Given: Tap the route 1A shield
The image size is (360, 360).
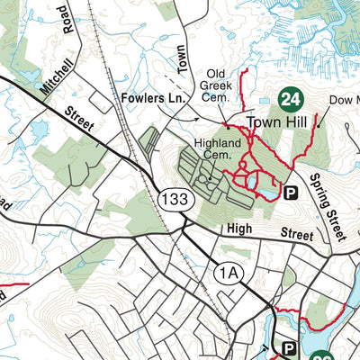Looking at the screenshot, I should pos(229,270).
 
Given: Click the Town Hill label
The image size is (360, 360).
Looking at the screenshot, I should pos(276,121).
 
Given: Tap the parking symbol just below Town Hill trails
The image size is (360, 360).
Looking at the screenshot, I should pos(291,192).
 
